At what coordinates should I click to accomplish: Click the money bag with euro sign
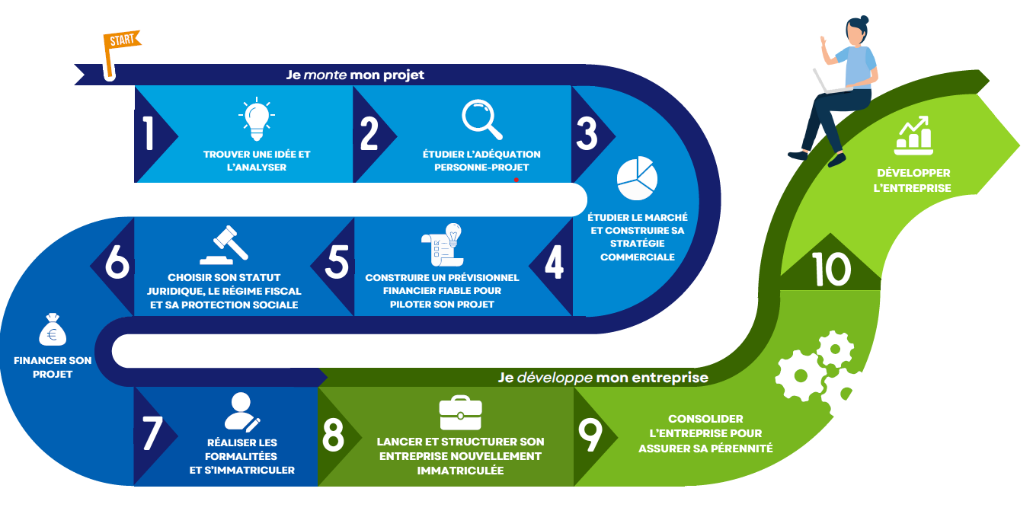(52, 330)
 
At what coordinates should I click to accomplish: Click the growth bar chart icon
(913, 136)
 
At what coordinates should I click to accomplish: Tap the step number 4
(555, 263)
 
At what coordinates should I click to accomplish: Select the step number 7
(152, 435)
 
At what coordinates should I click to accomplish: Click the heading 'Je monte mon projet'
(355, 75)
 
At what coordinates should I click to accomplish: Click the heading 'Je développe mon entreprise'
(603, 377)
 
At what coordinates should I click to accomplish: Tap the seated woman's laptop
(829, 83)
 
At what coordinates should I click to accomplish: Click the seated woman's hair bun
(863, 20)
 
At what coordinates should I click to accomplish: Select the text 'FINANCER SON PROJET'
(53, 367)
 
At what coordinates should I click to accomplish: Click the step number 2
(369, 134)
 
